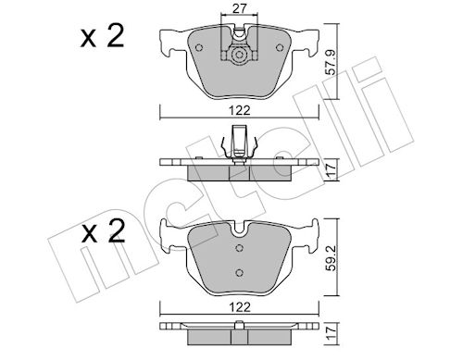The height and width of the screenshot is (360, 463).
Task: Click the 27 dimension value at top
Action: click(239, 9)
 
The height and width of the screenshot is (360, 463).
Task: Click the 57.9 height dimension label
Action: click(332, 62)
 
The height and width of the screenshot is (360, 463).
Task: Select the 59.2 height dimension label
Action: click(332, 257)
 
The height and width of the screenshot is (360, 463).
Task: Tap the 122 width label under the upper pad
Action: click(240, 110)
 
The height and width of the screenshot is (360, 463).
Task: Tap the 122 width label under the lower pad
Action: click(240, 307)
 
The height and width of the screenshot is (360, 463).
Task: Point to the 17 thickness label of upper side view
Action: click(332, 169)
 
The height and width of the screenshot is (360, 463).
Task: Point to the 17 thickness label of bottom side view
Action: click(332, 333)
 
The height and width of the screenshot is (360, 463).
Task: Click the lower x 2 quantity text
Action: click(103, 230)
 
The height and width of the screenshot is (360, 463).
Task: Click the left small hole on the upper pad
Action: click(199, 47)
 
